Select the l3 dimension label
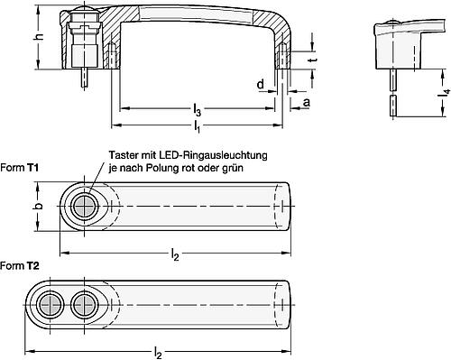tap(197, 110)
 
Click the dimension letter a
tap(307, 104)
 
